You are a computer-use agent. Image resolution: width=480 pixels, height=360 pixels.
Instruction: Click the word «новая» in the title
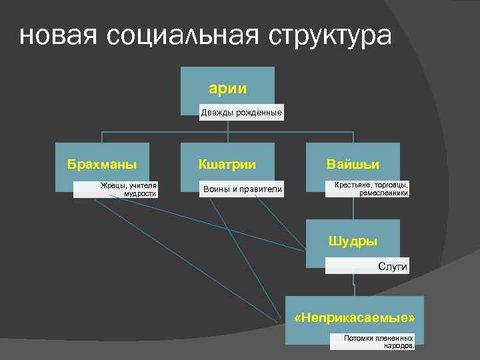[57, 36]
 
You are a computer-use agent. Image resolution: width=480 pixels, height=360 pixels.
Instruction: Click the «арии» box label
[227, 87]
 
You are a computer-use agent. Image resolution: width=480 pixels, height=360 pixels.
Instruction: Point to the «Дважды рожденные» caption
[242, 113]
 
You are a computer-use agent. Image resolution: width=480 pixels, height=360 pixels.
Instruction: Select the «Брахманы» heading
[102, 163]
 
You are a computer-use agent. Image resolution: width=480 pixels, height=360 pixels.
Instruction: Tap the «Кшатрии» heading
[227, 163]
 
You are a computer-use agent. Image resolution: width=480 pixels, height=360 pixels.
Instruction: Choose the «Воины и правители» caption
[243, 190]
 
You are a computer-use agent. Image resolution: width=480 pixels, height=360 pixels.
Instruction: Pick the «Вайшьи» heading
[353, 163]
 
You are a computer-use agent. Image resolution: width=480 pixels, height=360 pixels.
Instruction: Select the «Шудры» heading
[353, 241]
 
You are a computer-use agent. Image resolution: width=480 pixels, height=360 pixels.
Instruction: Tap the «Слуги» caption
[393, 267]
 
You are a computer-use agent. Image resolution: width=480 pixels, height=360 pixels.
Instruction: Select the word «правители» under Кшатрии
[260, 190]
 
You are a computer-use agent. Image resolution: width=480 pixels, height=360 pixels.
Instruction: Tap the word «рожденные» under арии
[259, 113]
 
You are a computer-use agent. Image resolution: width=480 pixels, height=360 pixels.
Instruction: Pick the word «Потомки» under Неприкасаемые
[359, 338]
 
